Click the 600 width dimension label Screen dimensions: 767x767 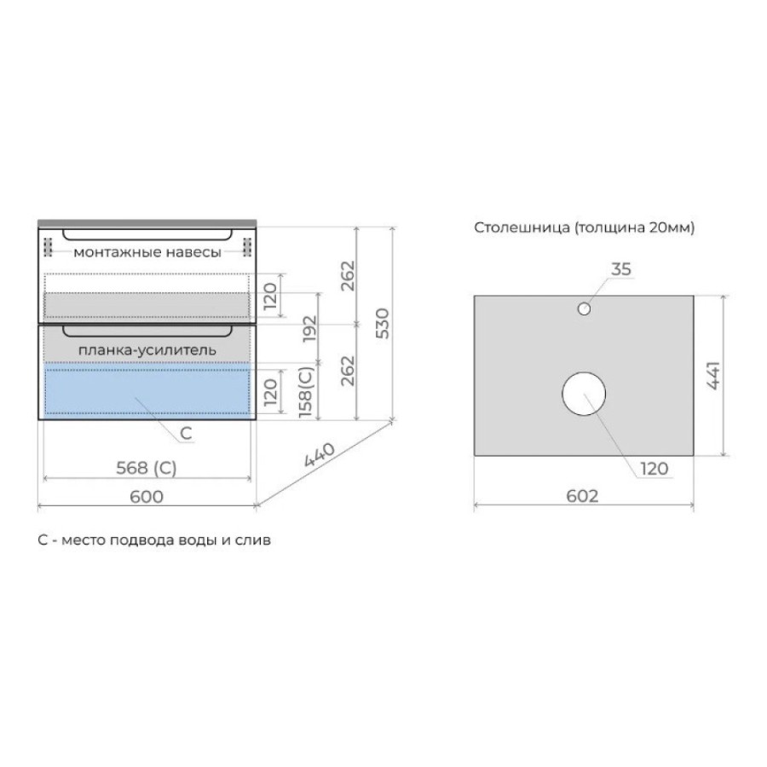pos(147,497)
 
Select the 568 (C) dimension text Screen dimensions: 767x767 pos(147,468)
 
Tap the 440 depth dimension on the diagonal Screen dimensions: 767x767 pos(319,454)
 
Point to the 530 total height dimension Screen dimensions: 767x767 pos(383,323)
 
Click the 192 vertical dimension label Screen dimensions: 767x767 pos(309,329)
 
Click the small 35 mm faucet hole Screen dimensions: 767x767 pos(584,309)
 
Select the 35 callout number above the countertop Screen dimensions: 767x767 pos(621,269)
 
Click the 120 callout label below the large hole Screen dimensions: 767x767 pos(654,469)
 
